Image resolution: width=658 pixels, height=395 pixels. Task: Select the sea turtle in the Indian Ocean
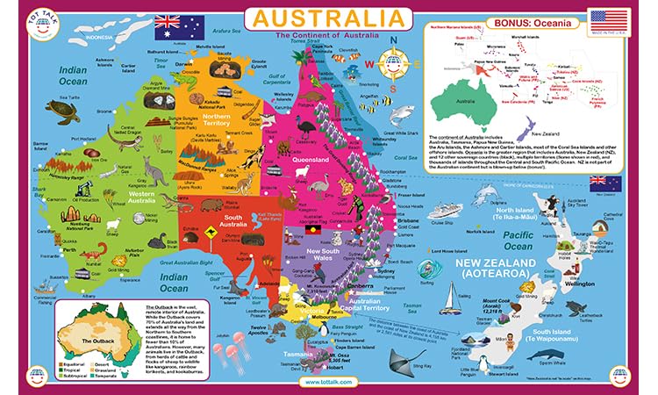(x=61, y=110)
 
